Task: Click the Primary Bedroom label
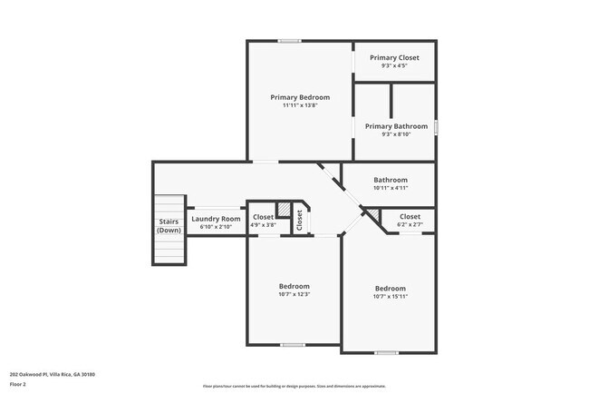tap(300, 96)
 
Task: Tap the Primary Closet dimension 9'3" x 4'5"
tap(394, 64)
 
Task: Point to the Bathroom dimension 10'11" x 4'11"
tap(391, 188)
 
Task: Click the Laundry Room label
tap(216, 219)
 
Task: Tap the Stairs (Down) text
tap(169, 226)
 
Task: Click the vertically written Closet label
tap(299, 221)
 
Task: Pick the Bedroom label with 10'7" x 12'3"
tap(294, 286)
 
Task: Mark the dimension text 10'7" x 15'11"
tap(391, 297)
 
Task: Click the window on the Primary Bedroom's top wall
tap(289, 40)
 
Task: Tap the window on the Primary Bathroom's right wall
tap(436, 127)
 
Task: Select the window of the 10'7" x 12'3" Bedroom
tap(292, 344)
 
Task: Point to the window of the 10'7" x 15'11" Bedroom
tap(386, 352)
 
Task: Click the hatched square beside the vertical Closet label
tap(284, 210)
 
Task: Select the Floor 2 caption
tap(19, 384)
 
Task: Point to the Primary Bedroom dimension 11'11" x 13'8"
tap(300, 105)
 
